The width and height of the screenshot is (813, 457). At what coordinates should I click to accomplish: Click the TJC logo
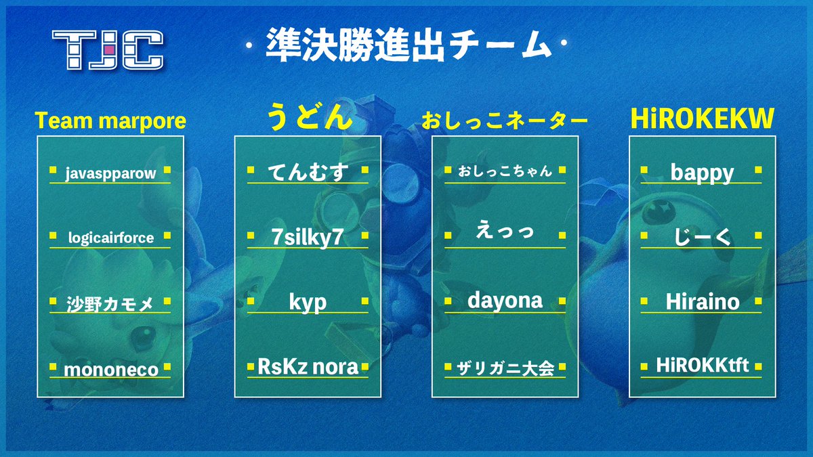[x=108, y=50]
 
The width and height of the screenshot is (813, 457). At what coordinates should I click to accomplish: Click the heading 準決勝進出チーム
[x=405, y=47]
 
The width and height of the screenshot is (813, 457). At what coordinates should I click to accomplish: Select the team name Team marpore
[x=110, y=121]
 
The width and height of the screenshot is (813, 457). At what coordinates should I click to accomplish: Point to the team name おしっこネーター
[x=505, y=121]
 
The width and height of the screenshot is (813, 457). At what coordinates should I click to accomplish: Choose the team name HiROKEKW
[x=701, y=119]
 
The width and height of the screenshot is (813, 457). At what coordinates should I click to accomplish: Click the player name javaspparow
[x=110, y=173]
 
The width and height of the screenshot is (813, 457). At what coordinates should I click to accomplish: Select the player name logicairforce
[x=110, y=238]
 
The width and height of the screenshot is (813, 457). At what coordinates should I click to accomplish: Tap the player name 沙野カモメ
[x=110, y=304]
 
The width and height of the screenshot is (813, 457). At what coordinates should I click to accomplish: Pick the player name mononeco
[x=110, y=370]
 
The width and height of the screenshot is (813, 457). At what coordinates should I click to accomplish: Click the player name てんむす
[x=308, y=173]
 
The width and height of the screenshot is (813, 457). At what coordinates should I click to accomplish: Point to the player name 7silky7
[x=308, y=238]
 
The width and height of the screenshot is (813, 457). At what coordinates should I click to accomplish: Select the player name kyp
[x=308, y=303]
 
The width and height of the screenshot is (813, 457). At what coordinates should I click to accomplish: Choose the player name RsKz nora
[x=308, y=368]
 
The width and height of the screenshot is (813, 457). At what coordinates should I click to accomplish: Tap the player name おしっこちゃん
[x=505, y=171]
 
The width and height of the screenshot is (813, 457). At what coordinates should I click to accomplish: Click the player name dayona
[x=505, y=301]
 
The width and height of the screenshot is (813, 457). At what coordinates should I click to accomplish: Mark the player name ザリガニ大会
[x=505, y=369]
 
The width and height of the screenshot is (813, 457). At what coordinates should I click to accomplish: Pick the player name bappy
[x=702, y=173]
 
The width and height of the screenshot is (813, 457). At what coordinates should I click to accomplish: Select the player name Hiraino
[x=702, y=302]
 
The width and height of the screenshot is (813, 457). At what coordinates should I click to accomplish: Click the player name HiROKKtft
[x=702, y=366]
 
